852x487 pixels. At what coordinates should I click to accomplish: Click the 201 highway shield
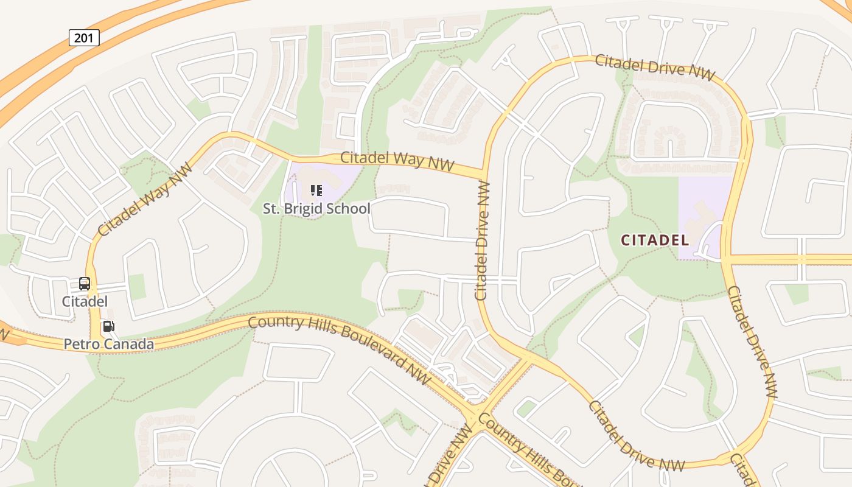click(x=84, y=38)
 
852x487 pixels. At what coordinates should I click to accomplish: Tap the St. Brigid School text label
click(x=316, y=209)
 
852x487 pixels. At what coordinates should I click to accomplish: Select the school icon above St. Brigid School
click(x=316, y=191)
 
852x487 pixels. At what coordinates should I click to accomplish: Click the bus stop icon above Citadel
click(x=85, y=284)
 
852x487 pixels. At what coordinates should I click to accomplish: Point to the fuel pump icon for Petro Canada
click(x=109, y=326)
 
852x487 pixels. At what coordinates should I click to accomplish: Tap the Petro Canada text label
click(x=109, y=345)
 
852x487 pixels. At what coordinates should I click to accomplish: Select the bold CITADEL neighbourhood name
click(x=655, y=240)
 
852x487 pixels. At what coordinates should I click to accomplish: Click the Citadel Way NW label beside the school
click(x=398, y=160)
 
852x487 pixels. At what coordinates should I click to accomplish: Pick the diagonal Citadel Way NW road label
click(x=145, y=199)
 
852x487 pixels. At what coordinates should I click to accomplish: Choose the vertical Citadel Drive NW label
click(x=483, y=241)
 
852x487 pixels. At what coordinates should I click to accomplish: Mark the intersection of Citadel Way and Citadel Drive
click(x=485, y=170)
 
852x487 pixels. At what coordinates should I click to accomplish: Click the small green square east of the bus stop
click(x=137, y=287)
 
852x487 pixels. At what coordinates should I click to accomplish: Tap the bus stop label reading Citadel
click(x=85, y=301)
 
